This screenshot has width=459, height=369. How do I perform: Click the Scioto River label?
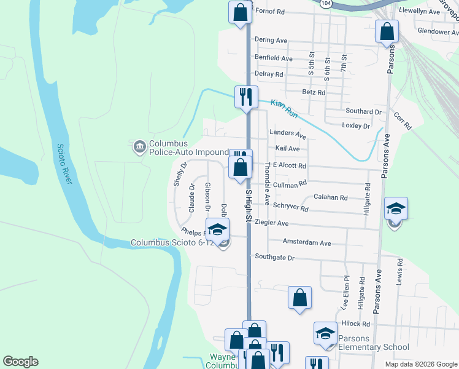[64, 167]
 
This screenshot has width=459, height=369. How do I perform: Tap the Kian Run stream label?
[284, 109]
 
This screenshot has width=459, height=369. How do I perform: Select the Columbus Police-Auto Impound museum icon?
[139, 146]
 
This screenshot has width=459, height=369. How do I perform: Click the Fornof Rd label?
[271, 11]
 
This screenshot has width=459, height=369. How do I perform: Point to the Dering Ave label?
[271, 40]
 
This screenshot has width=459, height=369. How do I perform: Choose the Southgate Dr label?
[275, 257]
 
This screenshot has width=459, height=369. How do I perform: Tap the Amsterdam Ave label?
[307, 243]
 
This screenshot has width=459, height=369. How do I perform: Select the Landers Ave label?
[288, 133]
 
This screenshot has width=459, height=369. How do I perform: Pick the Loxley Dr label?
[355, 125]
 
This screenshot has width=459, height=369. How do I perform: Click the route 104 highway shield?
[326, 3]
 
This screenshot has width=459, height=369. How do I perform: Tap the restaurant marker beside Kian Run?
[245, 97]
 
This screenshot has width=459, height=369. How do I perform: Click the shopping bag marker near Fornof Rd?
[240, 12]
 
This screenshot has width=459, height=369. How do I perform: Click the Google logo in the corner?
[20, 362]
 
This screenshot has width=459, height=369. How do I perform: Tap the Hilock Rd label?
[357, 323]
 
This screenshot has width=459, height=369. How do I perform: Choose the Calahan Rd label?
[331, 197]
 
